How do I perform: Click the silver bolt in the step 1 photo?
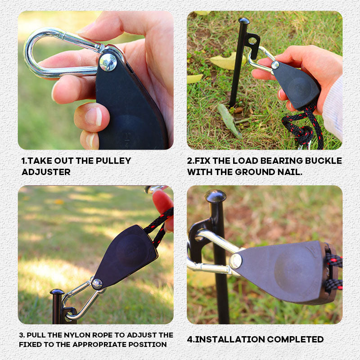pos(108,62)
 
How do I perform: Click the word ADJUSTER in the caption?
pos(46,172)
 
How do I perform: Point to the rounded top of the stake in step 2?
pos(244,21)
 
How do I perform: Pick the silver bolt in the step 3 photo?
pos(97,283)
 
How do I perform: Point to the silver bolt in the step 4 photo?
pos(235,261)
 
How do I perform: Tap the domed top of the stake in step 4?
pos(216,196)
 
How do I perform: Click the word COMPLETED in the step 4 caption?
pos(301,339)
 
